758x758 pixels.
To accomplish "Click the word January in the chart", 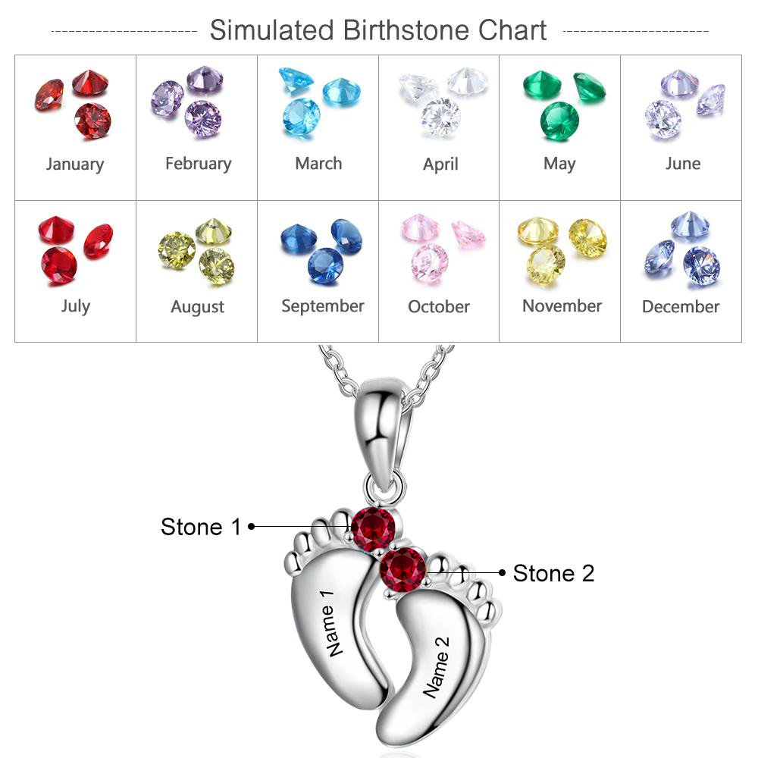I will click(x=74, y=164).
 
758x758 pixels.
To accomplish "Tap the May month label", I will click(x=559, y=164).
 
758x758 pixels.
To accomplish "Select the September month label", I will click(x=323, y=306).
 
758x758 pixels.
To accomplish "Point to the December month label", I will click(x=681, y=307).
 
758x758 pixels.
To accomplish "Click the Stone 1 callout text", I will click(x=200, y=527).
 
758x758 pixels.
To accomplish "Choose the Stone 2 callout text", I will click(x=553, y=574).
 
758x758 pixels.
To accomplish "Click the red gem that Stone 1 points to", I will click(x=374, y=528).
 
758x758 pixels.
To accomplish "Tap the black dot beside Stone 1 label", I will click(x=251, y=525).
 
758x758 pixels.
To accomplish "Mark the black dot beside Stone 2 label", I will click(x=502, y=573).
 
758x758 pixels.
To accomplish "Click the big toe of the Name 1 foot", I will click(x=334, y=523).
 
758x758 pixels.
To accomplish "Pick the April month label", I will click(x=440, y=164).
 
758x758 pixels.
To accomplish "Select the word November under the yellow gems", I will click(x=562, y=306).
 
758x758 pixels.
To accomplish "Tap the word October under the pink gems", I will click(x=439, y=307).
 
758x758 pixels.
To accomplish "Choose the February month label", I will click(x=198, y=164).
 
